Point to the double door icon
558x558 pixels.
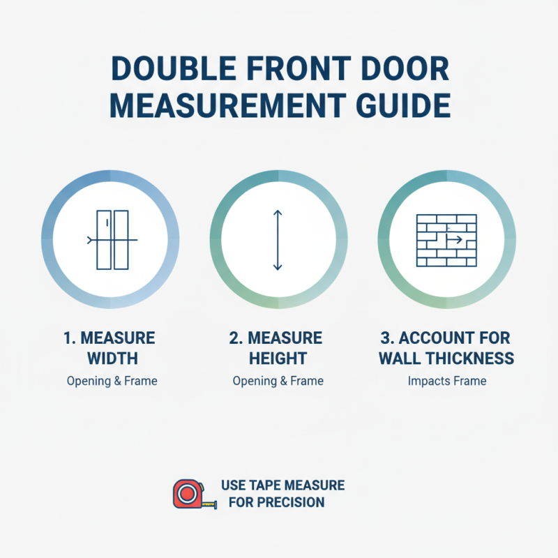click(x=112, y=240)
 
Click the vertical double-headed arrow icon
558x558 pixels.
click(x=278, y=240)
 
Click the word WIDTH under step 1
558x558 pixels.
click(x=112, y=359)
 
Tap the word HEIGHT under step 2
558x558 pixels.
click(x=278, y=359)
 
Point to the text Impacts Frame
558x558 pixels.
click(x=446, y=382)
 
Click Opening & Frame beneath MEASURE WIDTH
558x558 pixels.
click(x=112, y=382)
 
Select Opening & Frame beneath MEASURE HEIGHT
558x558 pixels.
click(x=278, y=382)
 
